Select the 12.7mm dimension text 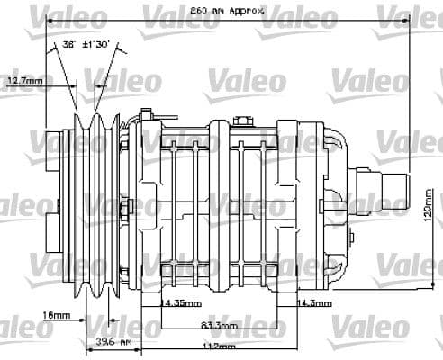[x=25, y=81]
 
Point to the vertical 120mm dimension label [x=431, y=214]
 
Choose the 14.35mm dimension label [x=180, y=302]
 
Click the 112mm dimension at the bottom [x=213, y=346]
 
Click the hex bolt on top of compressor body [x=242, y=121]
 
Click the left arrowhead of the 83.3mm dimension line [x=158, y=323]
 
